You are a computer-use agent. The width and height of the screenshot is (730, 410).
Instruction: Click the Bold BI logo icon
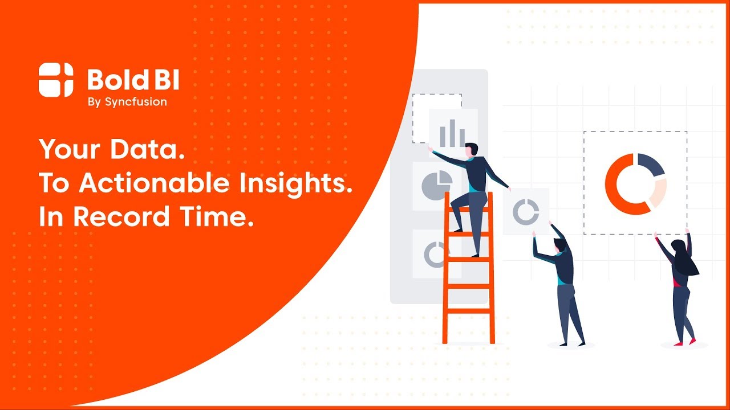(x=56, y=80)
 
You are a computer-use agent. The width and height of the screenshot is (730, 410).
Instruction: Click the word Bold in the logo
(x=112, y=80)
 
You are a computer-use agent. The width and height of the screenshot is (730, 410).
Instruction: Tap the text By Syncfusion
(x=127, y=102)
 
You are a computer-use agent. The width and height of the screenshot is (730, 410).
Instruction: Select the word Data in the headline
(x=149, y=150)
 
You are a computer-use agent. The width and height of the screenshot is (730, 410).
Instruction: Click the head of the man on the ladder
(x=471, y=150)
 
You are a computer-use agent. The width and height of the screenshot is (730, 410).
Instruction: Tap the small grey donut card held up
(x=525, y=211)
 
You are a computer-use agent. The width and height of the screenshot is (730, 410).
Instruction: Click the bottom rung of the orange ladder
(x=468, y=311)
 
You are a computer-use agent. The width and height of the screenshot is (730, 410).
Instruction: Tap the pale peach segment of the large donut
(x=658, y=192)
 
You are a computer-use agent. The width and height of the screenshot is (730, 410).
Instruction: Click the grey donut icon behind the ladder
(x=435, y=255)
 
